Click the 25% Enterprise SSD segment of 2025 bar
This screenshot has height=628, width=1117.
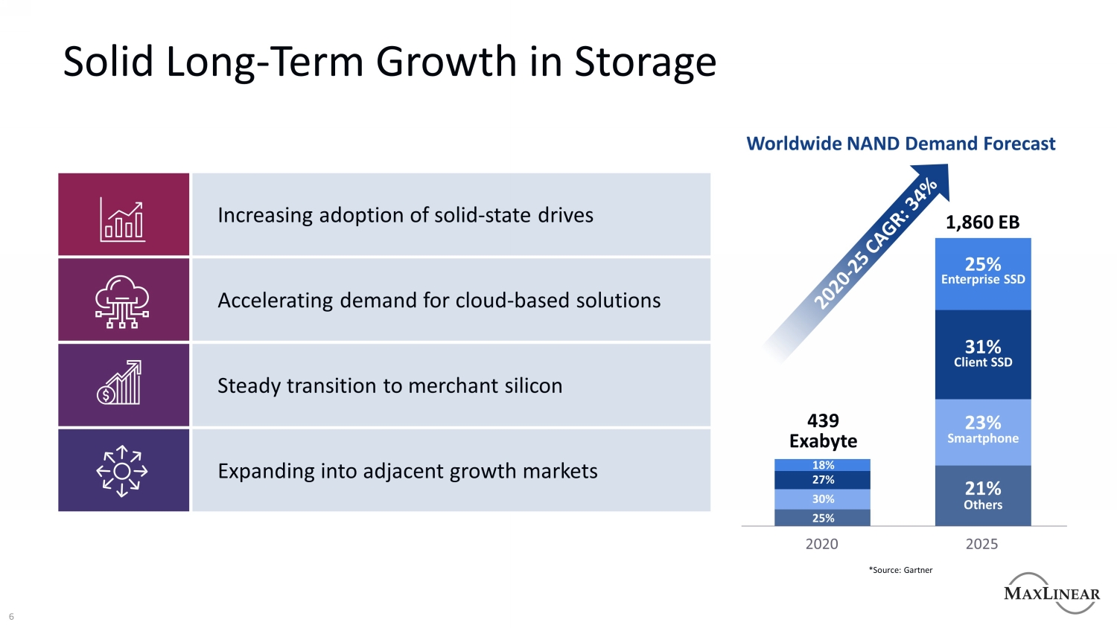(983, 272)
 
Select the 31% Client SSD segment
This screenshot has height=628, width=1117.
(983, 354)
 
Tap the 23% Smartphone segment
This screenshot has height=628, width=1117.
(983, 431)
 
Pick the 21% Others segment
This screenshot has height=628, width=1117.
(983, 496)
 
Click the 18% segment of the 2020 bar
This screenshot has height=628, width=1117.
(823, 465)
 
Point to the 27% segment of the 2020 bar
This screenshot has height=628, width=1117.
(823, 480)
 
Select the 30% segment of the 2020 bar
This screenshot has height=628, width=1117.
(823, 499)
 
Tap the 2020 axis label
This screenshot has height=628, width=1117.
(822, 544)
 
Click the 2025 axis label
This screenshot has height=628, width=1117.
(981, 544)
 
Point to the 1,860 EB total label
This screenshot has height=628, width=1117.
(982, 222)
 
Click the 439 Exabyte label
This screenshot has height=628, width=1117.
(823, 431)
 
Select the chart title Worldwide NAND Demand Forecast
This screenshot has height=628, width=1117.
(901, 144)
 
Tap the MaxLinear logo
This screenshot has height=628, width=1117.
(1051, 593)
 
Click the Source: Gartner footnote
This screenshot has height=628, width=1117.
(900, 570)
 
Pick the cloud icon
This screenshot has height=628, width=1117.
(123, 301)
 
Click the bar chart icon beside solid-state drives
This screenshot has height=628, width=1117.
(123, 221)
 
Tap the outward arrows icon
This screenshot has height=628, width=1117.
(122, 471)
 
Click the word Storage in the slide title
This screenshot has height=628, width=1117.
(645, 62)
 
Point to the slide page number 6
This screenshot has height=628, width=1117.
(11, 617)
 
